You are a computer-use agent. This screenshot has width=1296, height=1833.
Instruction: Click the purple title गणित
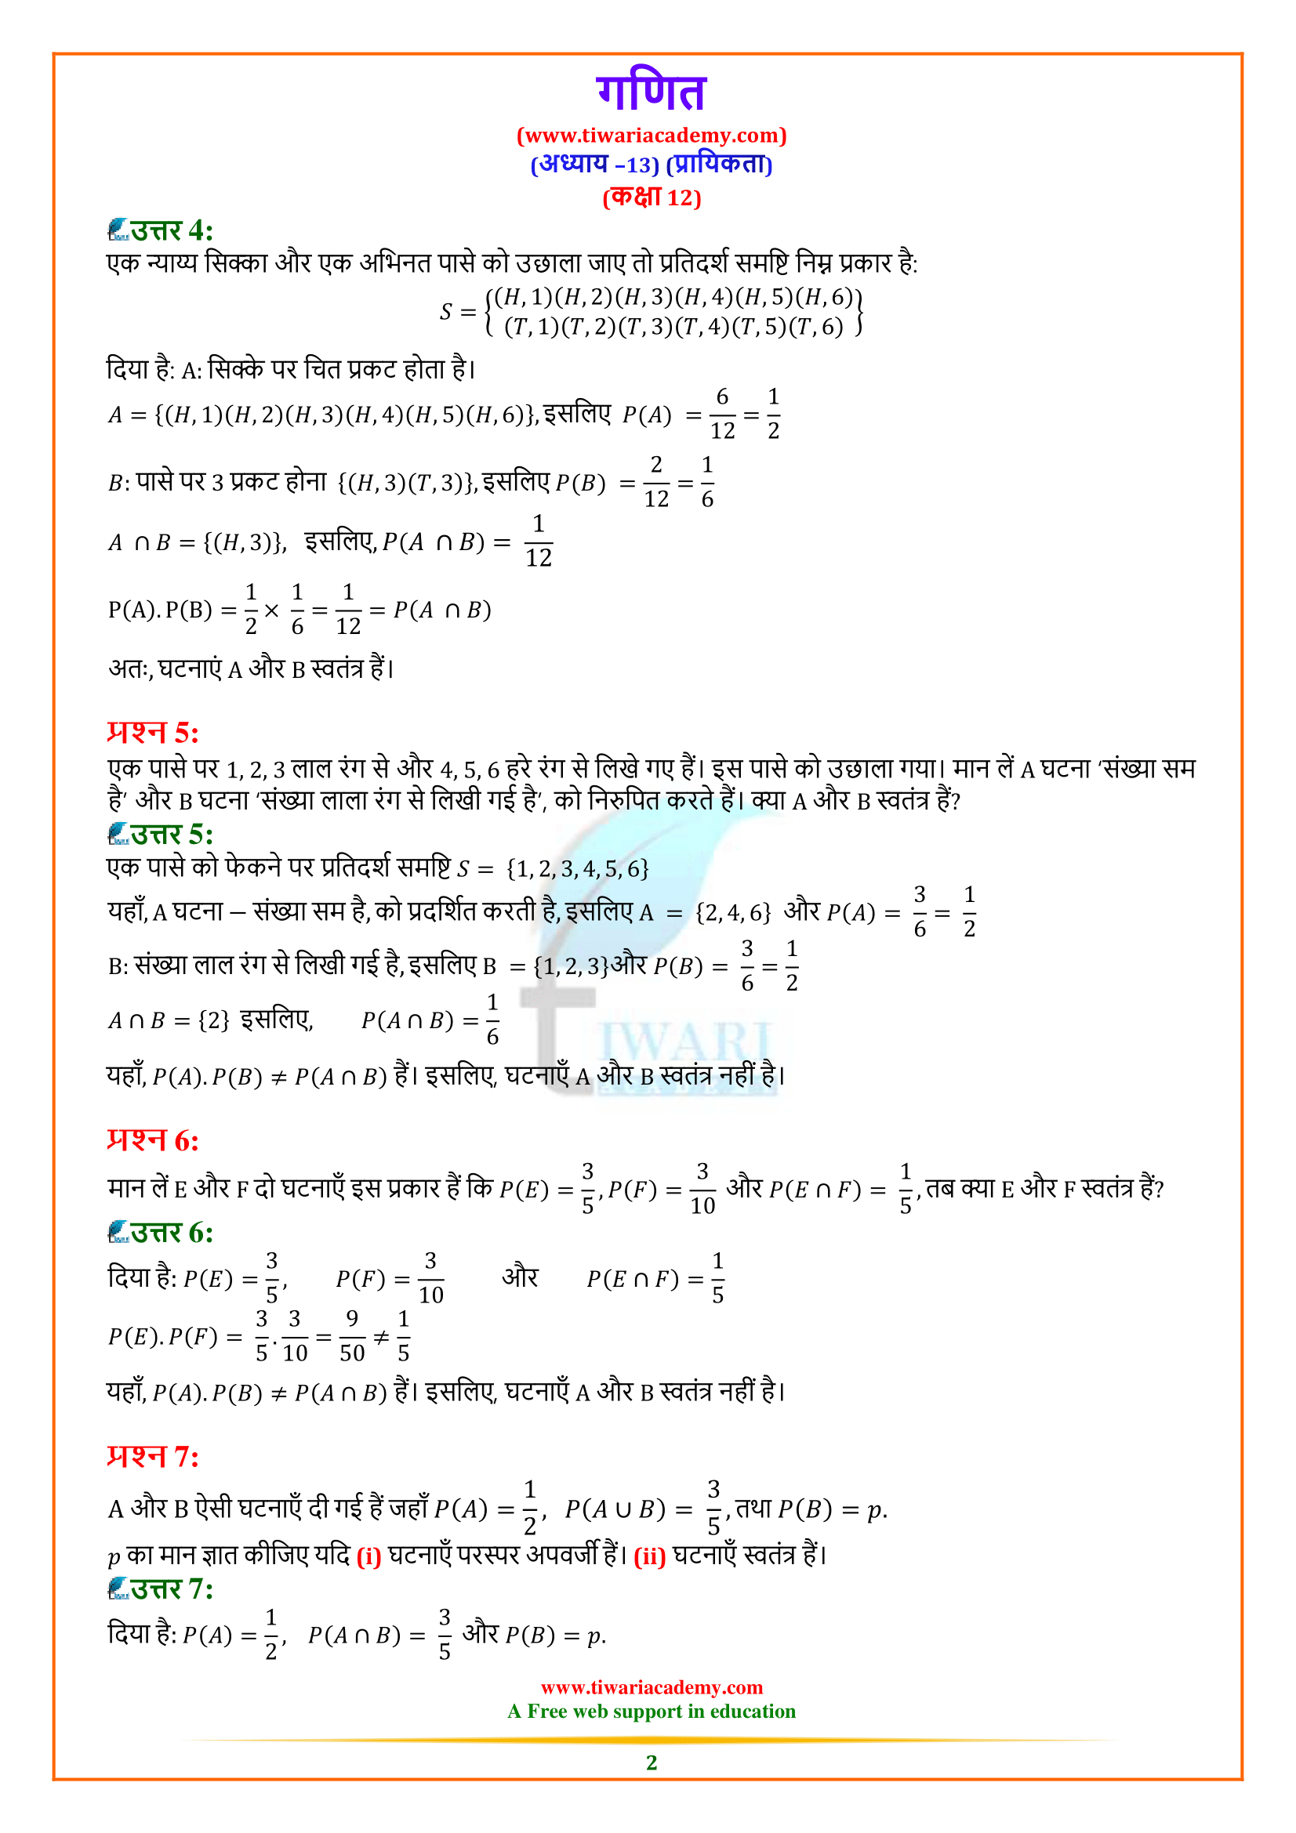651,92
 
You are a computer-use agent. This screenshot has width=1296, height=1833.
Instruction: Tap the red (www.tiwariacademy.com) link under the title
651,136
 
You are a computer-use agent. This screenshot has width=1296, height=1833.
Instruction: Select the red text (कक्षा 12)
651,197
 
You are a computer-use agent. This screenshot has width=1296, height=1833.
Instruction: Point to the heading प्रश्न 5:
153,732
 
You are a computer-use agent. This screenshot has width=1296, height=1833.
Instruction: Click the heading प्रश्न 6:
153,1140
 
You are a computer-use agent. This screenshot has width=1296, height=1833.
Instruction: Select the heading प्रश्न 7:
153,1457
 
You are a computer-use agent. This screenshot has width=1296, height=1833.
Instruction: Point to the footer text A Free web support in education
651,1711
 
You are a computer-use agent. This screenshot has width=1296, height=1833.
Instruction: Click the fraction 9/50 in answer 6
352,1335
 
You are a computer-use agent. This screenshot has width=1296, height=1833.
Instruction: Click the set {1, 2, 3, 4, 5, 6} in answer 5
577,868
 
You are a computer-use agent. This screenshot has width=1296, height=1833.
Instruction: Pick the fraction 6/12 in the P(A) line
722,414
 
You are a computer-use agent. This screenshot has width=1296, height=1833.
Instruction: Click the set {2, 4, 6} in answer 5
732,912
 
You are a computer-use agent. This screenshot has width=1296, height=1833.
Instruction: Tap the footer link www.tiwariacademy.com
651,1687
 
